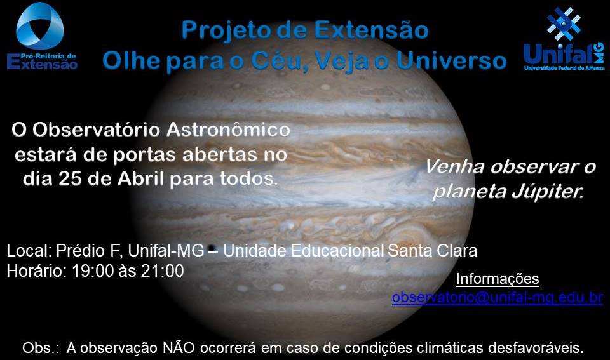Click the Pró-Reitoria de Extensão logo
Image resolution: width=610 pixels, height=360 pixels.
tap(42, 37)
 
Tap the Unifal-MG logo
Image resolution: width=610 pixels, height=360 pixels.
tap(564, 39)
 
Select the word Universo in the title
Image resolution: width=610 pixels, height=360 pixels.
tap(451, 61)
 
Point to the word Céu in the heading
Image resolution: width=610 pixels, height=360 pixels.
tap(278, 62)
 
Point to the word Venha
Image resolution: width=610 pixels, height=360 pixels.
tap(454, 167)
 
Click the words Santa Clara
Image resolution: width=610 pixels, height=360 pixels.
tap(432, 251)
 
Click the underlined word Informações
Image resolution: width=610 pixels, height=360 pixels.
tap(498, 279)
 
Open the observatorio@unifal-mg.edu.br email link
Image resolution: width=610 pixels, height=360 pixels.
tap(498, 297)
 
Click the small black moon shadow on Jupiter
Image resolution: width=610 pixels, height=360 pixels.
tap(212, 248)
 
